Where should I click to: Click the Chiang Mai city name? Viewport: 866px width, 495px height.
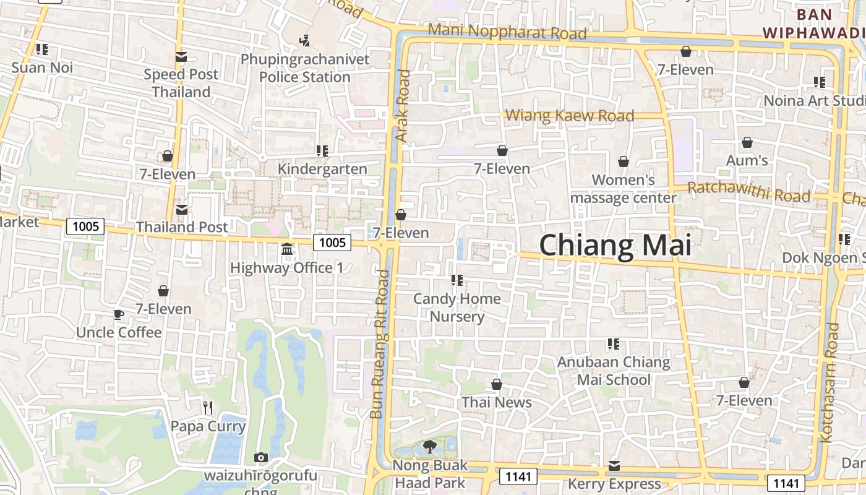[x=615, y=246]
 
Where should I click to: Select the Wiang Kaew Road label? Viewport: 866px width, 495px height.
[x=570, y=115]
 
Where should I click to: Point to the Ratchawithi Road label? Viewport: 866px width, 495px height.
[x=748, y=192]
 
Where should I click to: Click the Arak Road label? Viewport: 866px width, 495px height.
[x=403, y=106]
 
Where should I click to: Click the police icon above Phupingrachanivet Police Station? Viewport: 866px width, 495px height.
[x=304, y=41]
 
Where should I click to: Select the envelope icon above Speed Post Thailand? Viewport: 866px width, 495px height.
[x=181, y=57]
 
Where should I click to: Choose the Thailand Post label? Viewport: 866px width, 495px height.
[x=182, y=227]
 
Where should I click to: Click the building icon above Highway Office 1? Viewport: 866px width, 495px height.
[x=287, y=249]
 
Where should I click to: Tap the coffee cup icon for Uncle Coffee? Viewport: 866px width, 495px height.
[x=119, y=314]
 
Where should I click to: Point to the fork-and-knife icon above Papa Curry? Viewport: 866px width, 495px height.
[x=208, y=407]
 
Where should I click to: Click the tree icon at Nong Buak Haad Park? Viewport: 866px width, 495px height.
[x=430, y=446]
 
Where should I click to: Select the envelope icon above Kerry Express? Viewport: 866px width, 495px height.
[x=614, y=465]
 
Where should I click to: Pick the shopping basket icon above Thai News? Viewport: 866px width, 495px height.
[x=496, y=384]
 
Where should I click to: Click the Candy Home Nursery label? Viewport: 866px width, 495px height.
[x=457, y=308]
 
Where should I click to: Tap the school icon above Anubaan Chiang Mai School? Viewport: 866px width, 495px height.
[x=614, y=343]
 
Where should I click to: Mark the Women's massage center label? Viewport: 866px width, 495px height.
[x=623, y=189]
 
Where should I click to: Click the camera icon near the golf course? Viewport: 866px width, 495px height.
[x=261, y=458]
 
